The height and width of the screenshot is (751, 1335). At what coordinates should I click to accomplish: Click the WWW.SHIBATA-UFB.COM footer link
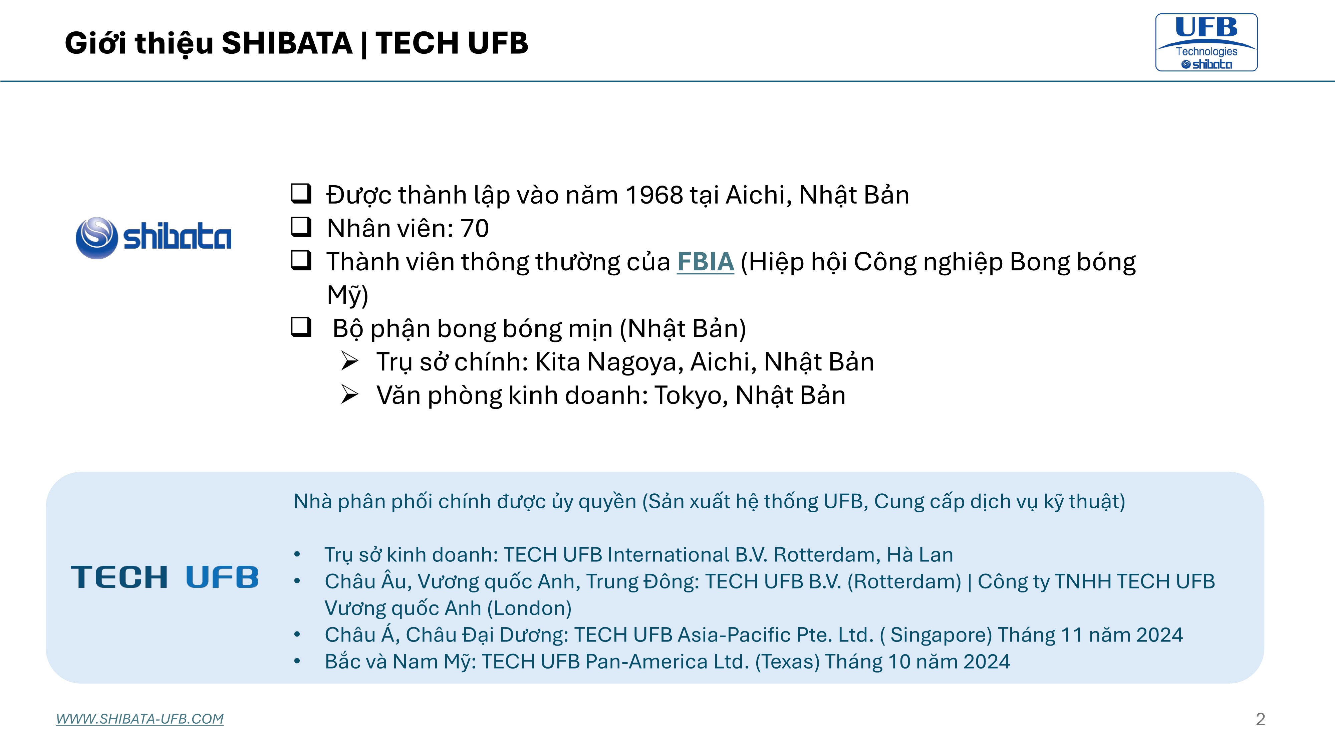point(140,719)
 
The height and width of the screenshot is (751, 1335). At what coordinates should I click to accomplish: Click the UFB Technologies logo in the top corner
point(1207,42)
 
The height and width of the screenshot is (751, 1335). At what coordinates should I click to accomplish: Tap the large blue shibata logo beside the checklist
point(154,238)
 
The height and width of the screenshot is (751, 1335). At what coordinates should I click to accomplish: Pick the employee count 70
point(475,229)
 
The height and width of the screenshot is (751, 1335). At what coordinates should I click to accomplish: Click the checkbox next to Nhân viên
point(301,227)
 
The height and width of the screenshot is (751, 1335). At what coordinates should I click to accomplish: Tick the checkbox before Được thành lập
point(301,193)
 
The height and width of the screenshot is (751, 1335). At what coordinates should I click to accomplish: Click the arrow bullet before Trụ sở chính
point(350,361)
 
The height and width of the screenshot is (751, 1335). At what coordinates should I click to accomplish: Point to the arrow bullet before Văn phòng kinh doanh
point(350,395)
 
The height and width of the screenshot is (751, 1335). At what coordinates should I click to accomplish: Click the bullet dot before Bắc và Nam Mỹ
point(297,661)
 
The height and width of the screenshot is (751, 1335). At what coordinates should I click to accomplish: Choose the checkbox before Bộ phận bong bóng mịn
point(301,327)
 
